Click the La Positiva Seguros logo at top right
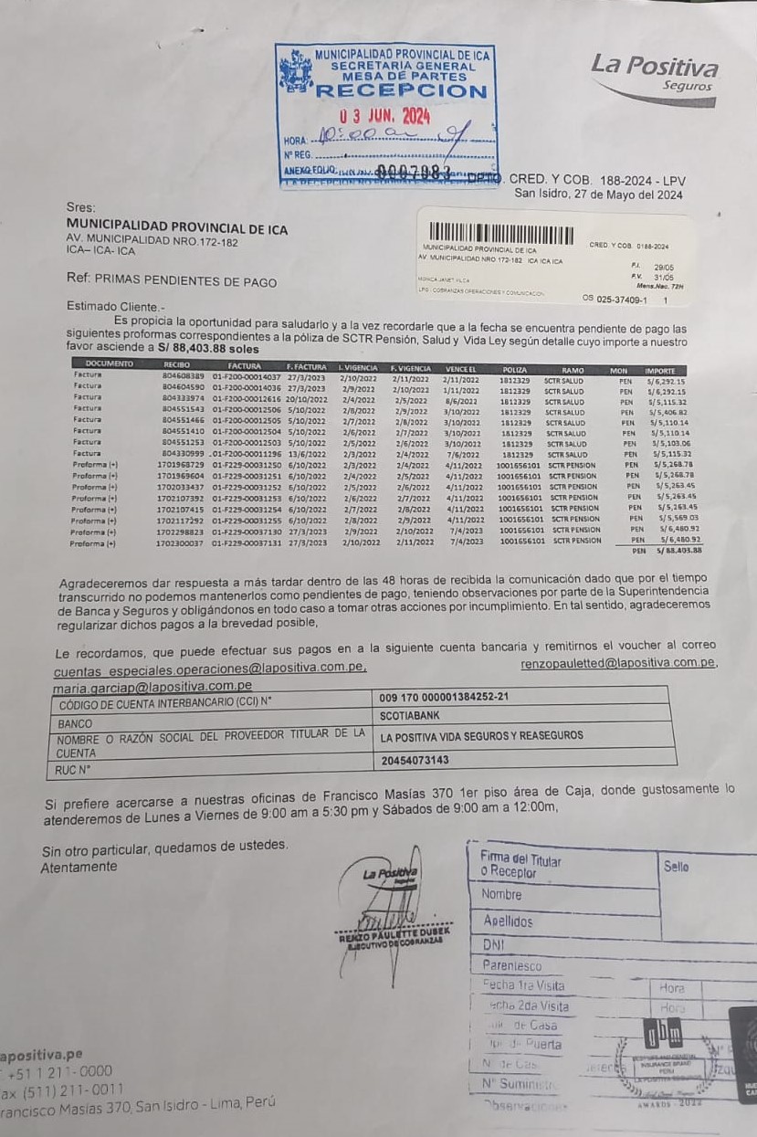[x=654, y=72]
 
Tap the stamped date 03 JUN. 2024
[x=384, y=116]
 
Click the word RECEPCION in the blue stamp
[x=401, y=91]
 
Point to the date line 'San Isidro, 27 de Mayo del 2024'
[x=598, y=194]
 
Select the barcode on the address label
[x=492, y=232]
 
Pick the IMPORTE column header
[x=659, y=370]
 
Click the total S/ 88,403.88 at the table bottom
[x=679, y=551]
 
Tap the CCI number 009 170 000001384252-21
[x=444, y=697]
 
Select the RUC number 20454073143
[x=415, y=759]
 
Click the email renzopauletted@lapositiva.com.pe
[x=617, y=662]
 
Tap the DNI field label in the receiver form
[x=493, y=945]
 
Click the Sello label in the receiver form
[x=677, y=866]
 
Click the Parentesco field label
[x=512, y=965]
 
